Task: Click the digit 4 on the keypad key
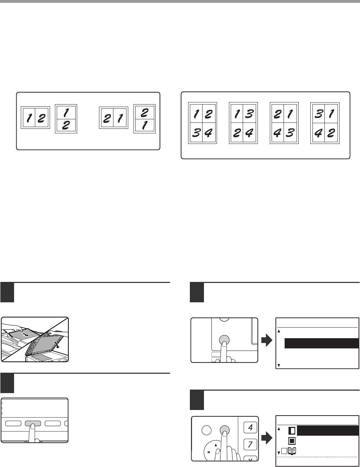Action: pos(250,427)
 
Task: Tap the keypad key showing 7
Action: pos(250,444)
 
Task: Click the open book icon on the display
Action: pos(292,450)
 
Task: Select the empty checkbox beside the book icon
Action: pos(284,451)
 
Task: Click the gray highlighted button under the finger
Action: pos(33,423)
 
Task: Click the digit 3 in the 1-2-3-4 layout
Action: pos(196,133)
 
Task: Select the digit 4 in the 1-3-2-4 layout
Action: pos(249,133)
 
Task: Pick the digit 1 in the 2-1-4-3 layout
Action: pos(290,114)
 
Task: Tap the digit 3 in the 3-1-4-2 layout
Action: pos(318,114)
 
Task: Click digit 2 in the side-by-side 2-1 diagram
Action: pos(107,118)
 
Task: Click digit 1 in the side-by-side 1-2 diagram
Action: pos(29,118)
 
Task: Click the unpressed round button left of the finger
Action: pos(206,430)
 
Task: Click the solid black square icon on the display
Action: pos(292,441)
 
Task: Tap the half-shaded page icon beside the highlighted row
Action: pos(292,431)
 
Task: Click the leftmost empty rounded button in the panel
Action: pos(13,423)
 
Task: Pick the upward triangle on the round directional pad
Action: pos(216,445)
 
